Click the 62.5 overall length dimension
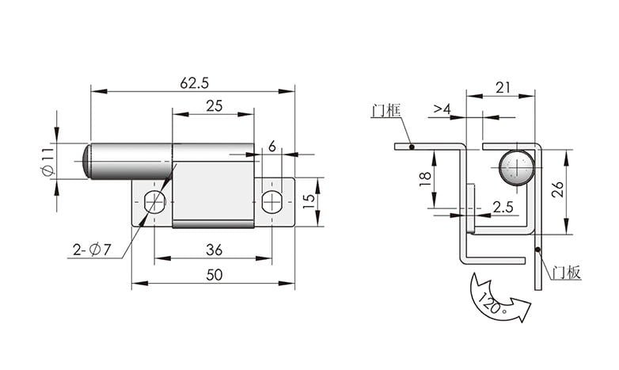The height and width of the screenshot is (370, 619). click(x=194, y=83)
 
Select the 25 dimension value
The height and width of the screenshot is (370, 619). click(x=215, y=106)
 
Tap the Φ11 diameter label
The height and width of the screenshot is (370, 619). click(x=47, y=162)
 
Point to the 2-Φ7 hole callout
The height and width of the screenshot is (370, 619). click(x=92, y=250)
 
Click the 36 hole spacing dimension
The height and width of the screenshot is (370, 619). click(x=215, y=250)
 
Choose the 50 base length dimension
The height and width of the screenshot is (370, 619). click(x=215, y=275)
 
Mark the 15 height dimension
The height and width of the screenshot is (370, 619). click(x=309, y=202)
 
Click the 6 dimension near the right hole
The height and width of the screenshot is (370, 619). click(x=272, y=147)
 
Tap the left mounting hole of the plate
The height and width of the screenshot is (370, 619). click(x=154, y=202)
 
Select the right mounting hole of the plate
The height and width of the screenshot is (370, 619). click(x=272, y=202)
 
